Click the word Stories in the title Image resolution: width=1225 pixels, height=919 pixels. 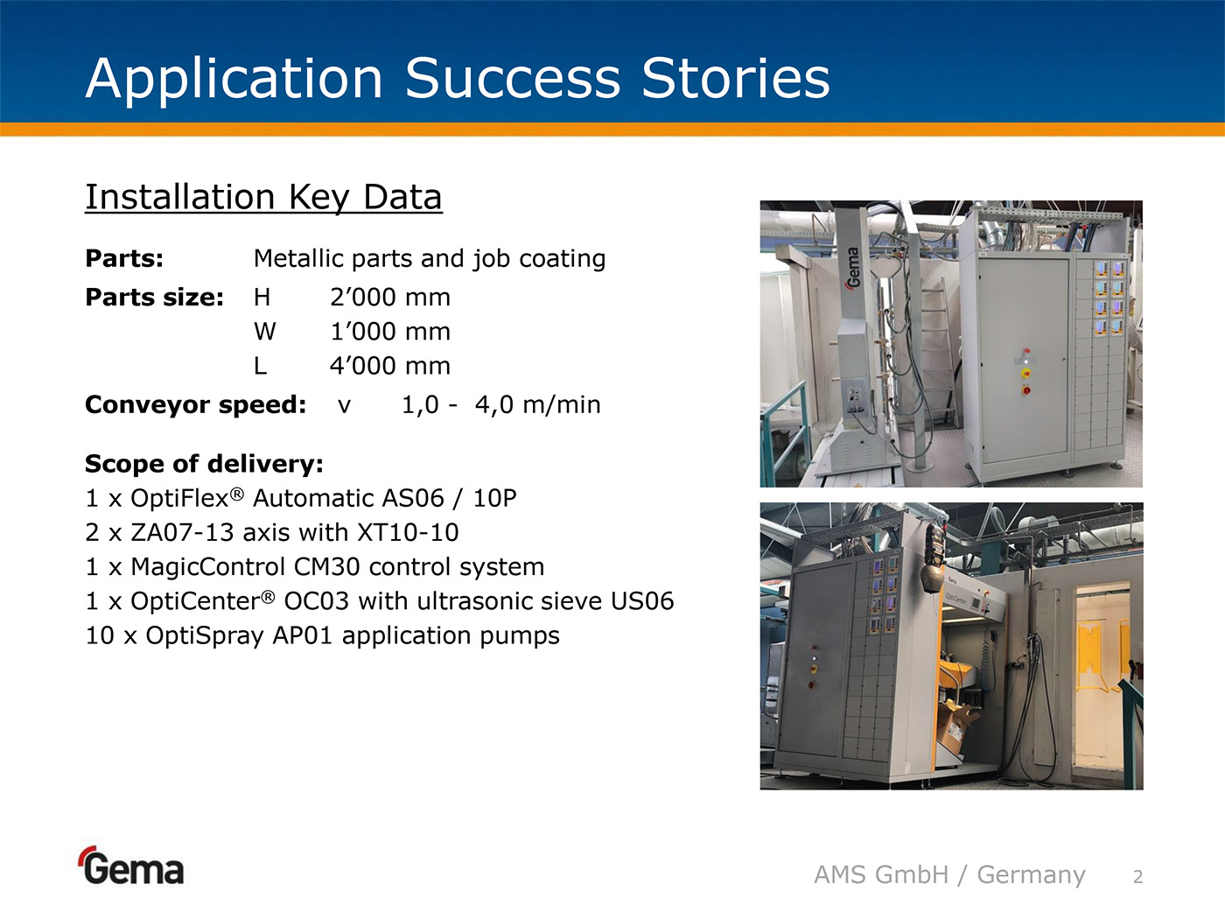point(736,78)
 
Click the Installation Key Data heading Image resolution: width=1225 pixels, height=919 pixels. point(263,198)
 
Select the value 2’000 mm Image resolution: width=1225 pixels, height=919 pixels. point(389,298)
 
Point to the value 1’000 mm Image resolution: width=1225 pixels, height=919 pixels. point(389,332)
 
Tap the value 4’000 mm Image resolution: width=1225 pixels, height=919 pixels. point(389,366)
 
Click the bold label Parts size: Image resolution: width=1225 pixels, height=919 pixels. point(154,298)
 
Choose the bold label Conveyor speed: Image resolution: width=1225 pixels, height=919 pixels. point(195,404)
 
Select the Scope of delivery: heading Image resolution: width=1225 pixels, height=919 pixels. point(204,464)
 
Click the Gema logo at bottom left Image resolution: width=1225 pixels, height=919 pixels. point(131,866)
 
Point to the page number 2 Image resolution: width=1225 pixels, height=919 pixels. point(1138,877)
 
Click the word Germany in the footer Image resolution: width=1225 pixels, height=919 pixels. point(1031,875)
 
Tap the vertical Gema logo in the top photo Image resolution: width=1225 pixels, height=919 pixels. point(853,268)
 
